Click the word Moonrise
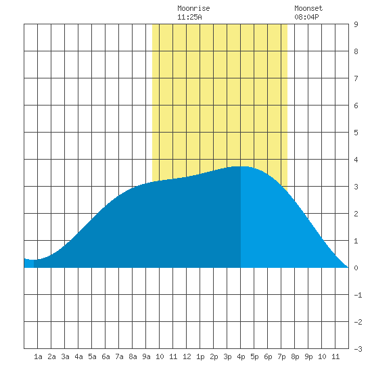click(x=193, y=8)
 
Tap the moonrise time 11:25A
click(x=189, y=17)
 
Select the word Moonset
click(x=308, y=8)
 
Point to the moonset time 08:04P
click(x=306, y=17)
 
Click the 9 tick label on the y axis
click(x=356, y=24)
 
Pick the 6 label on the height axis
click(x=356, y=106)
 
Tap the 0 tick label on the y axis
click(x=356, y=268)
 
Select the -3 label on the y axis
click(x=358, y=349)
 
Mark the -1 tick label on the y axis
click(x=358, y=295)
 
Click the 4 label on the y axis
click(x=356, y=160)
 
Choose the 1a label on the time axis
click(x=38, y=356)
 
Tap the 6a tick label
click(x=106, y=356)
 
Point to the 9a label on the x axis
click(x=146, y=356)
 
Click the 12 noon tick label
click(x=187, y=356)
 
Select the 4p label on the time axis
click(x=241, y=356)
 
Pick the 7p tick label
click(x=281, y=356)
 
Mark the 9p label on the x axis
click(x=308, y=356)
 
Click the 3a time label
click(x=65, y=356)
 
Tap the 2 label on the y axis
click(x=356, y=214)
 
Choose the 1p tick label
click(x=200, y=356)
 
